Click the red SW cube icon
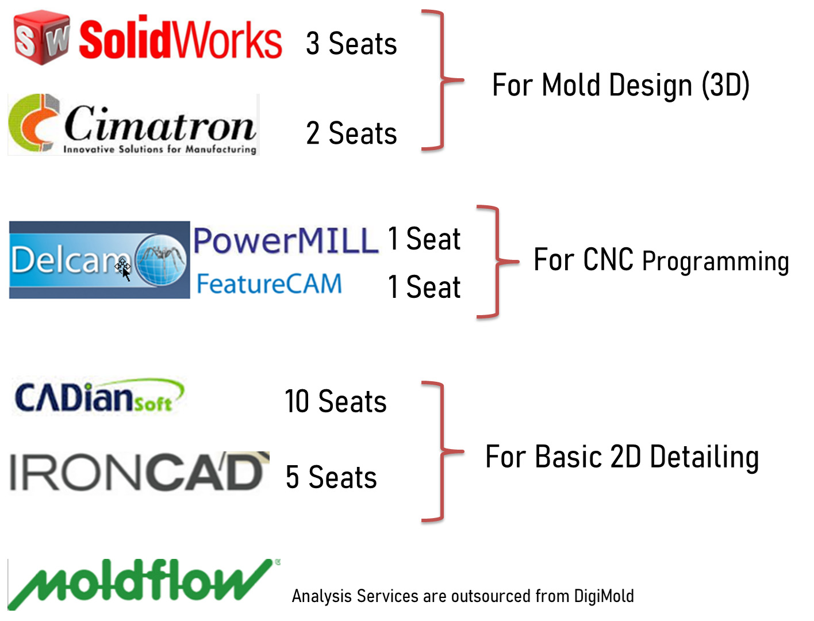pos(41,38)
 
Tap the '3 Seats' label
pos(351,43)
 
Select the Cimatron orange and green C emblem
pos(34,123)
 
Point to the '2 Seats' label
pos(351,133)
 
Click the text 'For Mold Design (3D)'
pos(621,85)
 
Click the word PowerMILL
pos(286,241)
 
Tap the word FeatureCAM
pos(269,284)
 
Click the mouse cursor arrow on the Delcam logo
pos(126,274)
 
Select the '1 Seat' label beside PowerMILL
pos(424,239)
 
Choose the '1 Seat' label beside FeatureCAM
pos(424,287)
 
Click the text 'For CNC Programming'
pos(661,260)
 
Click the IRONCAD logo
pos(139,471)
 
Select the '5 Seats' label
pos(331,477)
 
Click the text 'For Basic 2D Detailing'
pos(622,457)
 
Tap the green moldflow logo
pos(144,584)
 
